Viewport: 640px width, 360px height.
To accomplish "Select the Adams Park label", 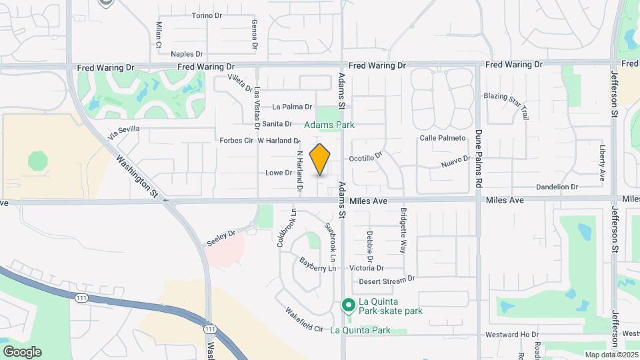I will [x=329, y=125].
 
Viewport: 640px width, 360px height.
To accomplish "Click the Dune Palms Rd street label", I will [x=478, y=159].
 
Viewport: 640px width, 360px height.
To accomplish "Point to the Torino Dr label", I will [x=206, y=15].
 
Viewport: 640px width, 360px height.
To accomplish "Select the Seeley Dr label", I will [x=221, y=238].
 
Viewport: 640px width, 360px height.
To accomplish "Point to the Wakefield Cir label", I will [x=304, y=320].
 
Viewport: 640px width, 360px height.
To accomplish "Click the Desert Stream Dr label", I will [x=387, y=280].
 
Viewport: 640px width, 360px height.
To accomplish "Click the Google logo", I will [x=21, y=351].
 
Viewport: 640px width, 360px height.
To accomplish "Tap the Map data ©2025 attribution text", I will [x=611, y=355].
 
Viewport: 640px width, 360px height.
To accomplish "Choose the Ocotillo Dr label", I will [x=366, y=157].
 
